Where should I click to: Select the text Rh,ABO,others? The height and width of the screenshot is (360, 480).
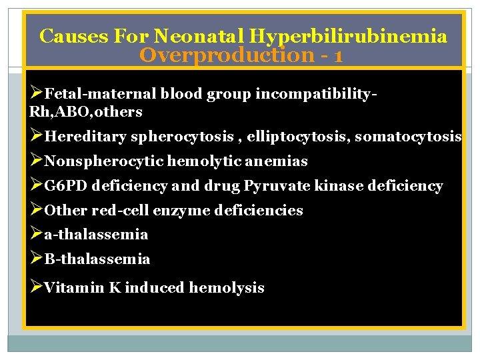coord(85,111)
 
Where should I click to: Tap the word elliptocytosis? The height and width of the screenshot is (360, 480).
coord(298,137)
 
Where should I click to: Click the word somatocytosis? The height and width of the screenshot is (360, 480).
coord(408,137)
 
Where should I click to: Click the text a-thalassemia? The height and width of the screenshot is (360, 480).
coord(96,235)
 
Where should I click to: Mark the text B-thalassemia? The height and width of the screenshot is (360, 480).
coord(97,259)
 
